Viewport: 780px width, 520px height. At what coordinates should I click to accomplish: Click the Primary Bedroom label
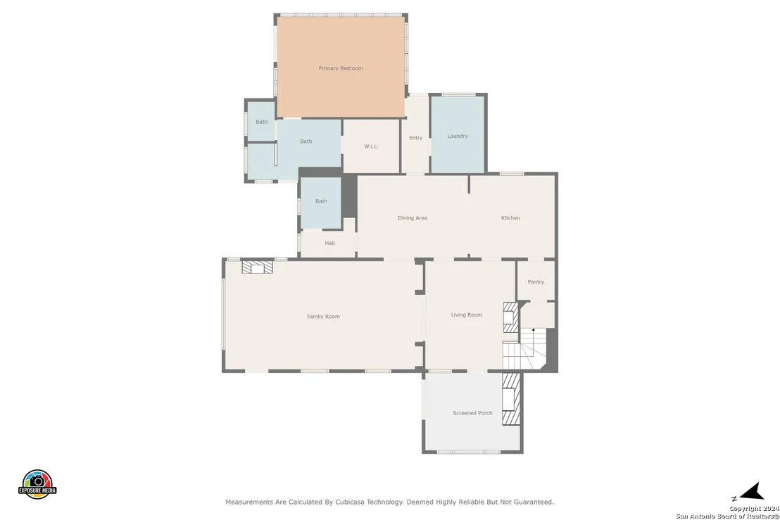coord(341,68)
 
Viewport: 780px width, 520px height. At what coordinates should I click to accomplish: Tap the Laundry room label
coord(457,136)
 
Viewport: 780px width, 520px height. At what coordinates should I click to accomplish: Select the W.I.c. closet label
coord(371,146)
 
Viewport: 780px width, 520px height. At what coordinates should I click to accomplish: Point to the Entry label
coord(416,138)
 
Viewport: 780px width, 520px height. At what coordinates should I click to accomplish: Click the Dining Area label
coord(413,217)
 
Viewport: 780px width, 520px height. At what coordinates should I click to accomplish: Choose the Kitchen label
coord(510,217)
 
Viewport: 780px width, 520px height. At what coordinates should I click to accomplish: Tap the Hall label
coord(329,243)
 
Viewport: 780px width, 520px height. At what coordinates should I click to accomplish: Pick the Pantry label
coord(536,282)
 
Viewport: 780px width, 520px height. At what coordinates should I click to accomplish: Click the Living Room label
coord(467,315)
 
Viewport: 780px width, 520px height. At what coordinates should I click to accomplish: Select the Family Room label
coord(323,316)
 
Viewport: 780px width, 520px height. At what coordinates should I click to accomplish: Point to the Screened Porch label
coord(472,412)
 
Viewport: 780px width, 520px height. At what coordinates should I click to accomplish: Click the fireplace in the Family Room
coord(257,267)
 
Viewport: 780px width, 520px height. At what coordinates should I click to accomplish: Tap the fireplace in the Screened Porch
coord(511,399)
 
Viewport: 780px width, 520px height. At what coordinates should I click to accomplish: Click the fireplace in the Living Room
coord(511,317)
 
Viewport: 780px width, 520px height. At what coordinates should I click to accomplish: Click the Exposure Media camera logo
coord(37,484)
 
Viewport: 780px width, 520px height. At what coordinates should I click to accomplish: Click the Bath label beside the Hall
coord(321,201)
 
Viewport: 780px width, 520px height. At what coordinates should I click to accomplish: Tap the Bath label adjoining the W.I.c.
coord(306,141)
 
